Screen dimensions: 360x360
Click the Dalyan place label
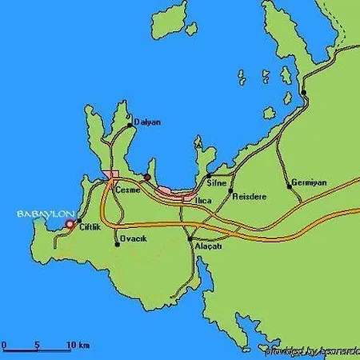(148, 122)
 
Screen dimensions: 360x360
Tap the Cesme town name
(128, 190)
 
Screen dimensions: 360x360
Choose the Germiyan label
(309, 182)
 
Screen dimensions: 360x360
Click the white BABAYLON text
(45, 214)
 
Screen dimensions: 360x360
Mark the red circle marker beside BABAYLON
(70, 225)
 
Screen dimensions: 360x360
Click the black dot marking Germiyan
(290, 186)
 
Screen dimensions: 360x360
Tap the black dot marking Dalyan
(130, 125)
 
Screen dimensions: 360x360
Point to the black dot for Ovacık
(117, 244)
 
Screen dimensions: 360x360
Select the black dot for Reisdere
(230, 192)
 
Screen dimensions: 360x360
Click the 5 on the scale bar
(37, 346)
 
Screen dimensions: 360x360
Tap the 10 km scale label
(78, 346)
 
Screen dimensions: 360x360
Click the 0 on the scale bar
(5, 346)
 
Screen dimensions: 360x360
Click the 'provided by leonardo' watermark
(311, 351)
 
